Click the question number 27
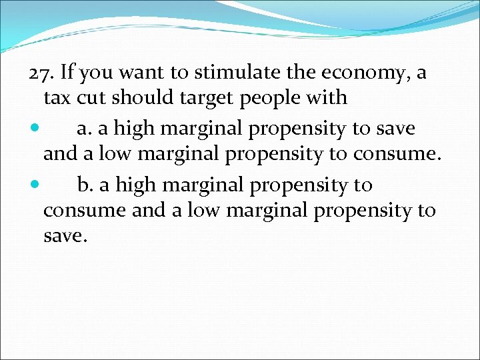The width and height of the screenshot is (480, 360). [x=41, y=72]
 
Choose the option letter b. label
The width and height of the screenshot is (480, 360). [x=85, y=183]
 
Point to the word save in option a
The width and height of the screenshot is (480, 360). [x=394, y=128]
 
